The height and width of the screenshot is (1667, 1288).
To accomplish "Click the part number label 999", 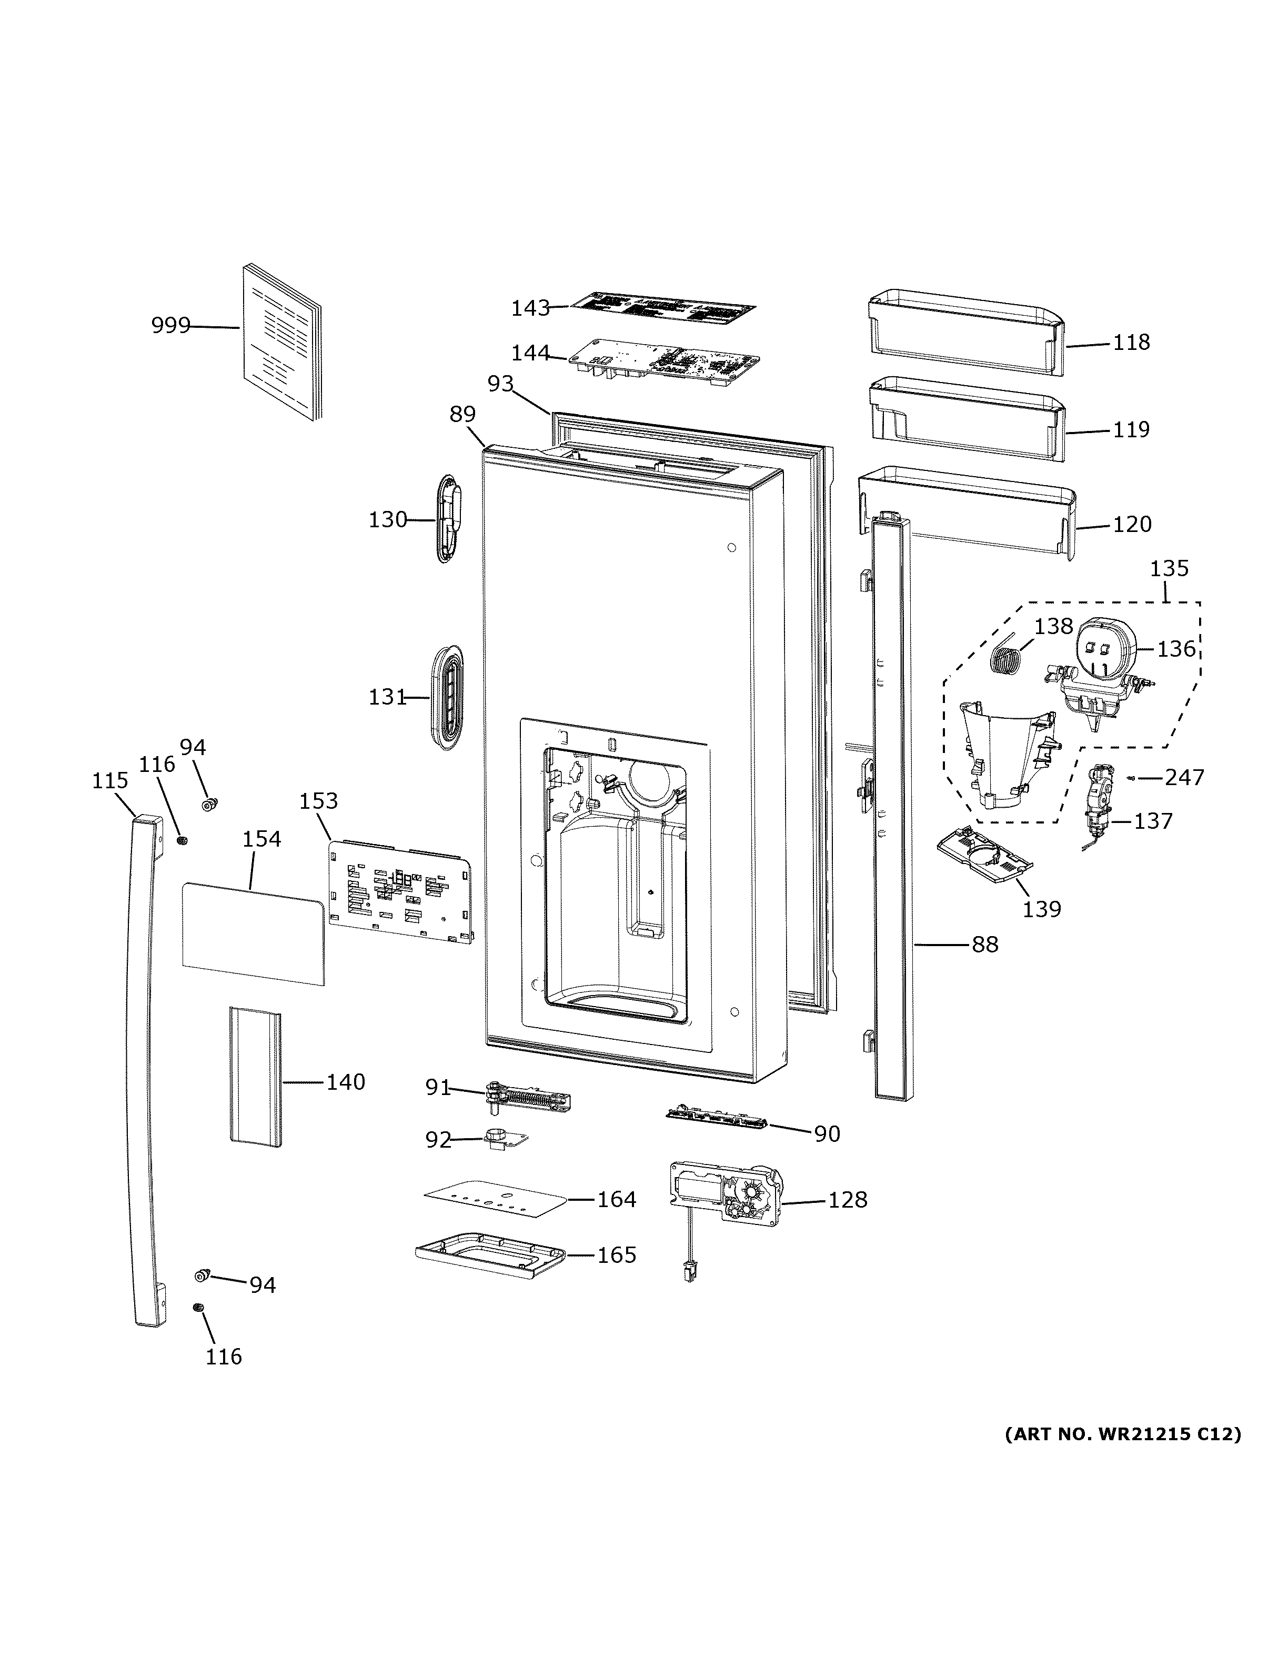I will [170, 326].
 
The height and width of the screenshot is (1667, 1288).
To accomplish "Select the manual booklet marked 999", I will [283, 344].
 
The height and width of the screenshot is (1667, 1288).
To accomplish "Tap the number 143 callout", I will [530, 308].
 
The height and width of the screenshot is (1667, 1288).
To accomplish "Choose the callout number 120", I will [1132, 525].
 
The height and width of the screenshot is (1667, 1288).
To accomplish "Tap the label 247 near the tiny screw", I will [1184, 778].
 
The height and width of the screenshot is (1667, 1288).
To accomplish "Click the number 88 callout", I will [984, 945].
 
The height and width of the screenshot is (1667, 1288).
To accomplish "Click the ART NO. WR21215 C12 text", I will [1122, 1434].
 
